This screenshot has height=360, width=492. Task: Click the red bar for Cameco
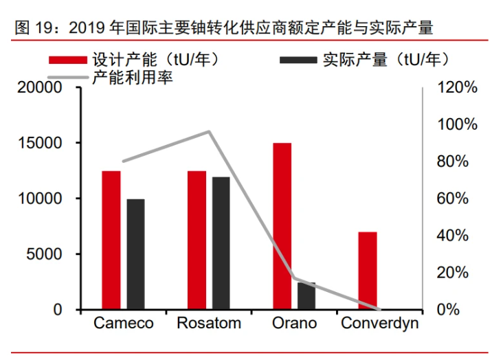point(111,240)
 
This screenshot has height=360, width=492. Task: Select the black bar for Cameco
point(136,254)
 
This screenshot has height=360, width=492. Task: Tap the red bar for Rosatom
point(197,240)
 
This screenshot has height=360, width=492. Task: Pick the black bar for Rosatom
point(221,243)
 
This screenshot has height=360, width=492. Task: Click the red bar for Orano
point(282,226)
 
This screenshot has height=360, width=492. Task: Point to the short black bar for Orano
point(306,296)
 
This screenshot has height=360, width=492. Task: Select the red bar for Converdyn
point(368,271)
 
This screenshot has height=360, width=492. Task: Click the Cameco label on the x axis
point(124,324)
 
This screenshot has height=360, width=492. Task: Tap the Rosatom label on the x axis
point(209,324)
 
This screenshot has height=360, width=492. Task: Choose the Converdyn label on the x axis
point(380,324)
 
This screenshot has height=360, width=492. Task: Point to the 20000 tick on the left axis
point(42,88)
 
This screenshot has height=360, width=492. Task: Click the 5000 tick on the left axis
point(47,254)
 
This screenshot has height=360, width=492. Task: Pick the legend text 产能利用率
point(132,77)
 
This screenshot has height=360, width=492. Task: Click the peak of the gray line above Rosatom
point(209,131)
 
